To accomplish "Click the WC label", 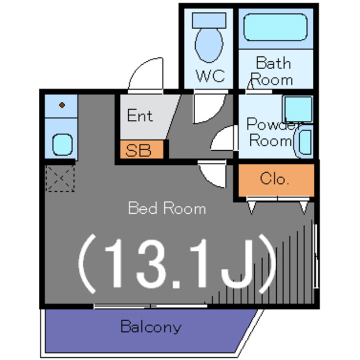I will (210, 75).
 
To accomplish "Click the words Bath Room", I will (273, 70).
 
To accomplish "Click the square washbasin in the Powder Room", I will (297, 109).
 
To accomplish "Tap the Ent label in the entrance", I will (139, 116).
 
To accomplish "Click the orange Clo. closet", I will (274, 180).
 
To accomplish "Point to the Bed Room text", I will (166, 209).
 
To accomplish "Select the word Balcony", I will (151, 327).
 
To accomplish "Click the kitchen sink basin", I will (61, 144).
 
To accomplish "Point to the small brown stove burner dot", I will (61, 105).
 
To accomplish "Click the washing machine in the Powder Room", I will (304, 143).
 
